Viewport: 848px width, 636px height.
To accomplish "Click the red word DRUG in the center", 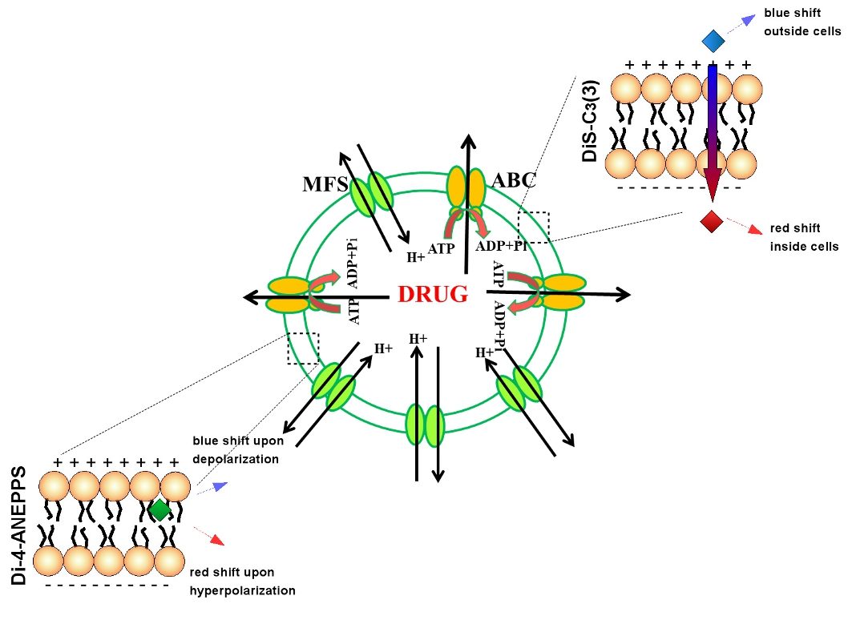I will pos(432,295).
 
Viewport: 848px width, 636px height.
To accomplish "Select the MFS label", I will pos(324,185).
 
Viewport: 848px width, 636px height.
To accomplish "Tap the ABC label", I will pos(513,180).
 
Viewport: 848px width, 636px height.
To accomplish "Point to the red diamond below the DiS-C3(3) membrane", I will pos(711,221).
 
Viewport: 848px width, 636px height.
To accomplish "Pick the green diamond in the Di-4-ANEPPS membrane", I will pos(160,509).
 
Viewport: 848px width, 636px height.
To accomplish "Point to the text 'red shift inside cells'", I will pos(804,237).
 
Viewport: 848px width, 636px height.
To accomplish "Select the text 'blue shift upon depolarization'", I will pos(238,450).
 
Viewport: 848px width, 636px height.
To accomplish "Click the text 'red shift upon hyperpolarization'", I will pos(242,582).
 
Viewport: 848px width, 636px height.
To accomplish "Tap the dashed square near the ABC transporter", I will pos(534,227).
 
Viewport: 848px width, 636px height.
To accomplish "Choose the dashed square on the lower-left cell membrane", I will pos(303,348).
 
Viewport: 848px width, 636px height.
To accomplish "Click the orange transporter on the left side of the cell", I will pos(289,295).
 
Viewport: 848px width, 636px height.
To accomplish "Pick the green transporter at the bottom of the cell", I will pos(425,425).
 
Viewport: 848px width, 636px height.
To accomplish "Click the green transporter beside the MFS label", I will pos(370,194).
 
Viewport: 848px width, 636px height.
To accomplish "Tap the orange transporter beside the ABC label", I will pos(466,187).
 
